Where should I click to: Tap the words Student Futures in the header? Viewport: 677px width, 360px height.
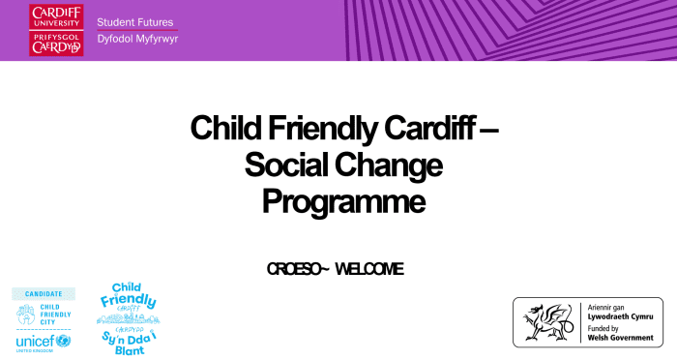pos(135,21)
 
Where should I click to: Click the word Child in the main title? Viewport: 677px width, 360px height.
pos(222,128)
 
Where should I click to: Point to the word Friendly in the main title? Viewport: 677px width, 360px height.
pos(322,128)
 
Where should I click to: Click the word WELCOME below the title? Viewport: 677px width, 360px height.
pos(371,268)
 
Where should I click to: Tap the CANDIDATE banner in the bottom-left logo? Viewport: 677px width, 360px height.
pos(43,293)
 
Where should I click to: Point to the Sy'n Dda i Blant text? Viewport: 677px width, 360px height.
pos(128,340)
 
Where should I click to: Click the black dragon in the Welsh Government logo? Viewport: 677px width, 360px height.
pos(546,321)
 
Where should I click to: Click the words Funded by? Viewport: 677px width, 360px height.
pos(604,328)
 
